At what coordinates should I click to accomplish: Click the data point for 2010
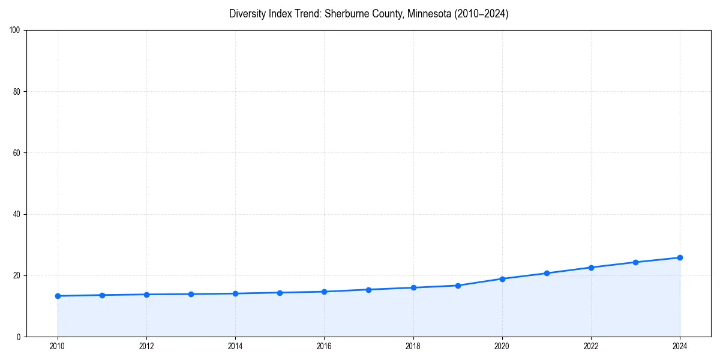click(x=58, y=296)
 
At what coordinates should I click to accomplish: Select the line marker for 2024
click(x=680, y=257)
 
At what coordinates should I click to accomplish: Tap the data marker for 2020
click(x=502, y=279)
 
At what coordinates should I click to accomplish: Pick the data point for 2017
click(x=368, y=290)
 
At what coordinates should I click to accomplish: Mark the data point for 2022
click(x=591, y=268)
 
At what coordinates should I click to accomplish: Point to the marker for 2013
click(x=191, y=294)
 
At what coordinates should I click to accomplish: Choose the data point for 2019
click(x=458, y=286)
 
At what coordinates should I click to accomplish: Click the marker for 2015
click(x=280, y=293)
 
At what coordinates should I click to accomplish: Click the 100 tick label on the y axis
click(x=15, y=31)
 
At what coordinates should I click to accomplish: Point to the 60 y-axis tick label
click(x=17, y=153)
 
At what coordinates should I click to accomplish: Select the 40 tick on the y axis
click(x=17, y=214)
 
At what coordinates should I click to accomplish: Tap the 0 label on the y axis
click(x=19, y=337)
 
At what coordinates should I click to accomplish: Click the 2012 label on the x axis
click(x=146, y=346)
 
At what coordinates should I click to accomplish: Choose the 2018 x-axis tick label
click(x=413, y=346)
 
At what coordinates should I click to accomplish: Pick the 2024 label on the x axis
click(x=680, y=346)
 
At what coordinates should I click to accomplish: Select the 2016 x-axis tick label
click(x=324, y=346)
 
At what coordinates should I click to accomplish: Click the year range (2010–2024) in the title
click(x=481, y=14)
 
